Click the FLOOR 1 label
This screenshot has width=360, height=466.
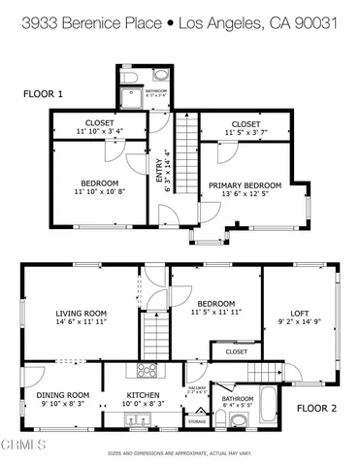tap(44, 94)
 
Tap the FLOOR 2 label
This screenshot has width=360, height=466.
tap(315, 409)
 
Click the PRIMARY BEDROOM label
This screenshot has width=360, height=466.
tap(245, 185)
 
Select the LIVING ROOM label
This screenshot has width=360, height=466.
tap(80, 314)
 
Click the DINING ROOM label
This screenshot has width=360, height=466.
tap(63, 395)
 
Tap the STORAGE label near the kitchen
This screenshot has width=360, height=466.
tap(196, 422)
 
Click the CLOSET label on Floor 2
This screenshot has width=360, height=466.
tap(236, 351)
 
